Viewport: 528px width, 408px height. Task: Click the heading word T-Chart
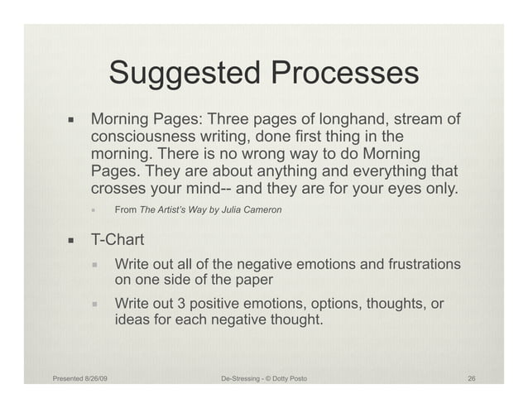[x=118, y=241]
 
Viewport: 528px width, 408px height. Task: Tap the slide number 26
[x=471, y=379]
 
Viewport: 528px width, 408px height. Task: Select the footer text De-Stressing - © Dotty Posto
[x=264, y=379]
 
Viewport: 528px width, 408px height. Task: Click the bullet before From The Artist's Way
[x=95, y=210]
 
